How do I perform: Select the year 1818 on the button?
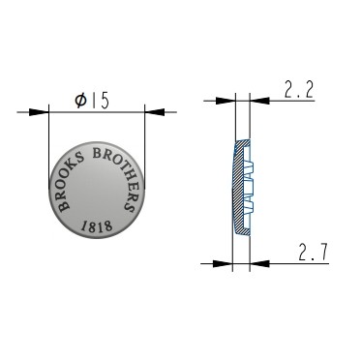click(97, 226)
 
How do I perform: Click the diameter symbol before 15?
click(81, 101)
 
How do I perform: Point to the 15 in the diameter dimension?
click(101, 101)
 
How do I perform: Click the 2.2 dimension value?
click(299, 90)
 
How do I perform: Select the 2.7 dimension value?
click(313, 253)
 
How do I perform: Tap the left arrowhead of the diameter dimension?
click(39, 112)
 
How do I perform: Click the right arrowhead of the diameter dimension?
click(155, 112)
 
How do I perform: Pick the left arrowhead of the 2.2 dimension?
click(226, 101)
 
